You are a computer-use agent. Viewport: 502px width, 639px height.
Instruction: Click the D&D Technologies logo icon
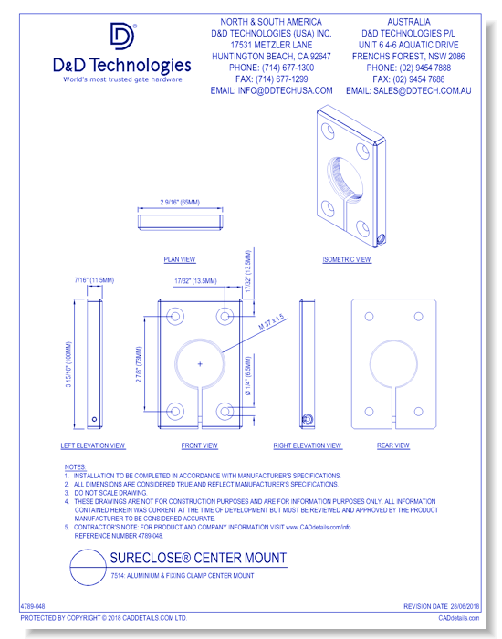pyautogui.click(x=123, y=38)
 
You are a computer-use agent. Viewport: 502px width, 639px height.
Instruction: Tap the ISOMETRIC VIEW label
pyautogui.click(x=347, y=259)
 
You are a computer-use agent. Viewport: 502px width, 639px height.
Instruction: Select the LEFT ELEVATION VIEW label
pyautogui.click(x=93, y=445)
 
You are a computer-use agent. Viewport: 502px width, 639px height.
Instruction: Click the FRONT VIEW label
pyautogui.click(x=199, y=445)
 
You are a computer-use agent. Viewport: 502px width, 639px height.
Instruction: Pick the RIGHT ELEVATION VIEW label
pyautogui.click(x=308, y=445)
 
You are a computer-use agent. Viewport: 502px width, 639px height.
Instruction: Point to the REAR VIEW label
pyautogui.click(x=392, y=445)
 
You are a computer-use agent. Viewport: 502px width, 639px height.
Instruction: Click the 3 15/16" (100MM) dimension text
pyautogui.click(x=68, y=365)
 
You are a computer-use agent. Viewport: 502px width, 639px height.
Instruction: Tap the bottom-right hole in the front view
pyautogui.click(x=225, y=413)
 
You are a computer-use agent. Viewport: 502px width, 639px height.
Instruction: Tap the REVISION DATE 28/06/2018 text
pyautogui.click(x=442, y=606)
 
